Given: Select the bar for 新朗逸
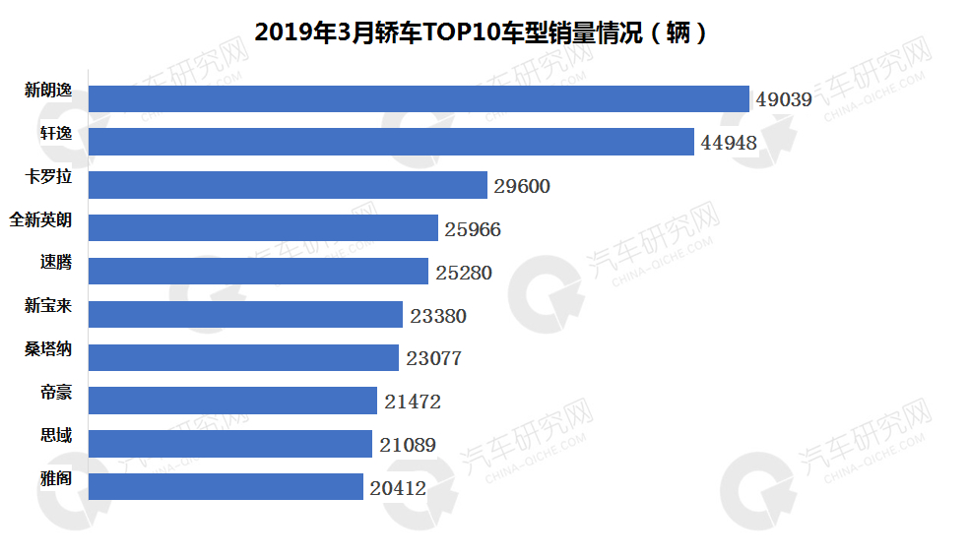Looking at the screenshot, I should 419,98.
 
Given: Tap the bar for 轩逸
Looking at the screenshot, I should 391,142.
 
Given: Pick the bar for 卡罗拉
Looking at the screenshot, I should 288,185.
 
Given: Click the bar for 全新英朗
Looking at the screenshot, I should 263,228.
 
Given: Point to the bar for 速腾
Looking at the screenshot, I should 258,272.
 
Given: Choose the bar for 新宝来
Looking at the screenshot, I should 245,314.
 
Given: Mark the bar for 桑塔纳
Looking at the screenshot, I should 243,357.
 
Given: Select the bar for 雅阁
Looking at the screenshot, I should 226,486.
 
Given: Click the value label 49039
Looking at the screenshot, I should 784,99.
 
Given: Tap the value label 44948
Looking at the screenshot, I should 729,143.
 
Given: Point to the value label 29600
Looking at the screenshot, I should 522,186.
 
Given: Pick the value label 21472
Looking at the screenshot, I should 413,402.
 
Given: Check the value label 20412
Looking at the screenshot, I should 398,487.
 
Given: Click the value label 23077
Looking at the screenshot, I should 433,358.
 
